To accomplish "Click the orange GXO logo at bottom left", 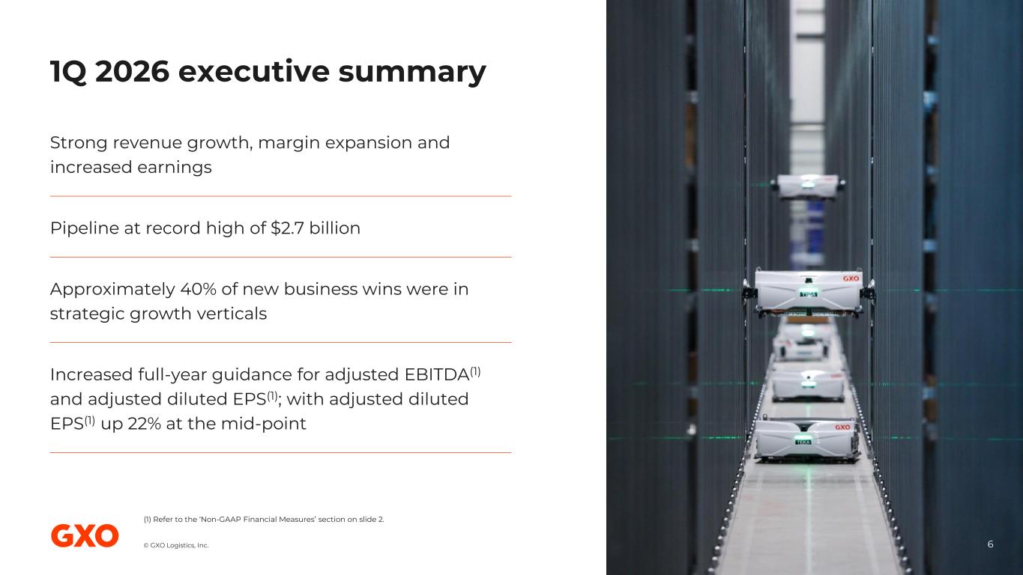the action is click(85, 536).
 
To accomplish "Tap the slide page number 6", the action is click(990, 544).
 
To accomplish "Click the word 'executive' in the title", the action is click(253, 71).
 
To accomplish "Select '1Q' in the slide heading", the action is click(68, 72).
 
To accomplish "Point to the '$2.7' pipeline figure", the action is click(287, 228).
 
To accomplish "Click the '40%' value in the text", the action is click(198, 289).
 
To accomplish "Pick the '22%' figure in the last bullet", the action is click(145, 424).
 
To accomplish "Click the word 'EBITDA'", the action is click(437, 374).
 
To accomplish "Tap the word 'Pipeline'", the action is click(85, 228).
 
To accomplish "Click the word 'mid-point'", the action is click(264, 425).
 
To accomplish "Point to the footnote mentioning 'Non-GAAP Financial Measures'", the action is click(264, 520).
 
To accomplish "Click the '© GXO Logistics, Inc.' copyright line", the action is click(176, 545).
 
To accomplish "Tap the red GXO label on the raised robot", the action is click(851, 279).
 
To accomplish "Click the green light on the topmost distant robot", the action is click(807, 184).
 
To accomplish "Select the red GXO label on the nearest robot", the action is click(842, 428).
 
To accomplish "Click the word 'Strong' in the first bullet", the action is click(79, 143).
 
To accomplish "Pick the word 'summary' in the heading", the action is click(412, 72).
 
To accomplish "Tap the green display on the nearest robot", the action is click(803, 442).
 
